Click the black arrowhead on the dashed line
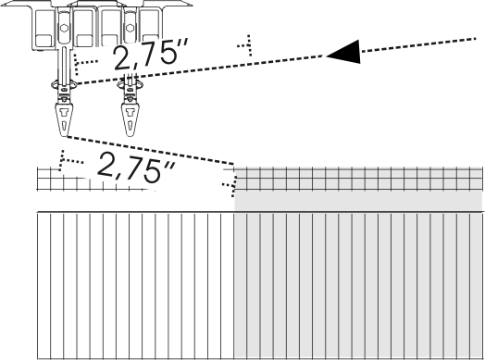(346, 52)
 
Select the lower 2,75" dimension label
(137, 168)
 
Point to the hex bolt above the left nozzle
(65, 28)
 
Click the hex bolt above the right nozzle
(130, 28)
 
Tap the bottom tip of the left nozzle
(65, 136)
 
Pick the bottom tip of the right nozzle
(130, 135)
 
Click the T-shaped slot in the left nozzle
(65, 112)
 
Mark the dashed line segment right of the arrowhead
(418, 44)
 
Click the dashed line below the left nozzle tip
(150, 150)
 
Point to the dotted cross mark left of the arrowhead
(246, 45)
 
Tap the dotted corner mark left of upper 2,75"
(84, 64)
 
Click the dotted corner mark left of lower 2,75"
(70, 160)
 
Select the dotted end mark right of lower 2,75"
(230, 186)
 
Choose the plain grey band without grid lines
(358, 201)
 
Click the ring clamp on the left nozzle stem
(65, 84)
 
